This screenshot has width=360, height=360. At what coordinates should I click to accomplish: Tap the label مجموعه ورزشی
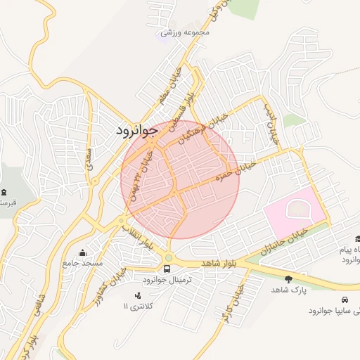coord(185,32)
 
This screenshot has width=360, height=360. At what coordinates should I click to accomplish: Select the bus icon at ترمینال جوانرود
coord(167,268)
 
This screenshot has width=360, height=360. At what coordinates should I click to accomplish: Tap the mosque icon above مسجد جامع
coord(83,252)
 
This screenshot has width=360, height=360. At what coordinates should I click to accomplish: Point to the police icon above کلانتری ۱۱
coord(137,295)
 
